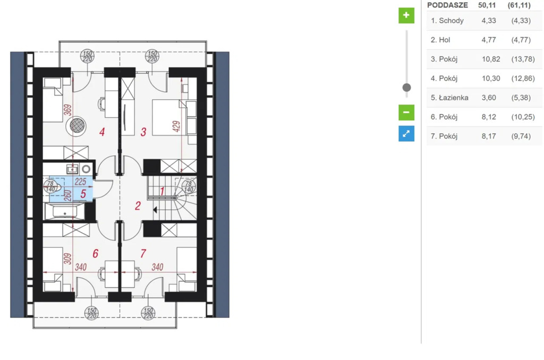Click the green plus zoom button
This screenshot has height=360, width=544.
[x=406, y=15]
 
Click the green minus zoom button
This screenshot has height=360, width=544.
[x=406, y=113]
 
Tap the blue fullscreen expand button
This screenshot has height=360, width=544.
[x=406, y=133]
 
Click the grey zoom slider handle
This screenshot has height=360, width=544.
[x=406, y=88]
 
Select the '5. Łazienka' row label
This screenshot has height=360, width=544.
[x=449, y=98]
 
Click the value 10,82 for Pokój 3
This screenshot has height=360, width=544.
[x=491, y=59]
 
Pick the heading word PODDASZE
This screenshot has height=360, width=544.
[x=447, y=5]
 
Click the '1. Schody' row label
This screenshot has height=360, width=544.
[x=447, y=21]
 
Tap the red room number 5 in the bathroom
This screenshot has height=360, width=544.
[x=83, y=194]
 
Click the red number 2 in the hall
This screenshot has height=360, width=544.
[x=138, y=206]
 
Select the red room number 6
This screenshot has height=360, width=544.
[x=96, y=254]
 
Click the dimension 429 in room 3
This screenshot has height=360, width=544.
[x=176, y=126]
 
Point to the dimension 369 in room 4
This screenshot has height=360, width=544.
[x=68, y=110]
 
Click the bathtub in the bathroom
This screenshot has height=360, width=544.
[x=64, y=211]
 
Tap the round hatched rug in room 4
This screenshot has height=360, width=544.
[x=77, y=125]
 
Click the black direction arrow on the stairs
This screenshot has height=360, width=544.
[x=155, y=210]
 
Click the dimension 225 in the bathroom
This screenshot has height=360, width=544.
[x=80, y=182]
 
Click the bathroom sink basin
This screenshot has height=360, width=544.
[x=72, y=169]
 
